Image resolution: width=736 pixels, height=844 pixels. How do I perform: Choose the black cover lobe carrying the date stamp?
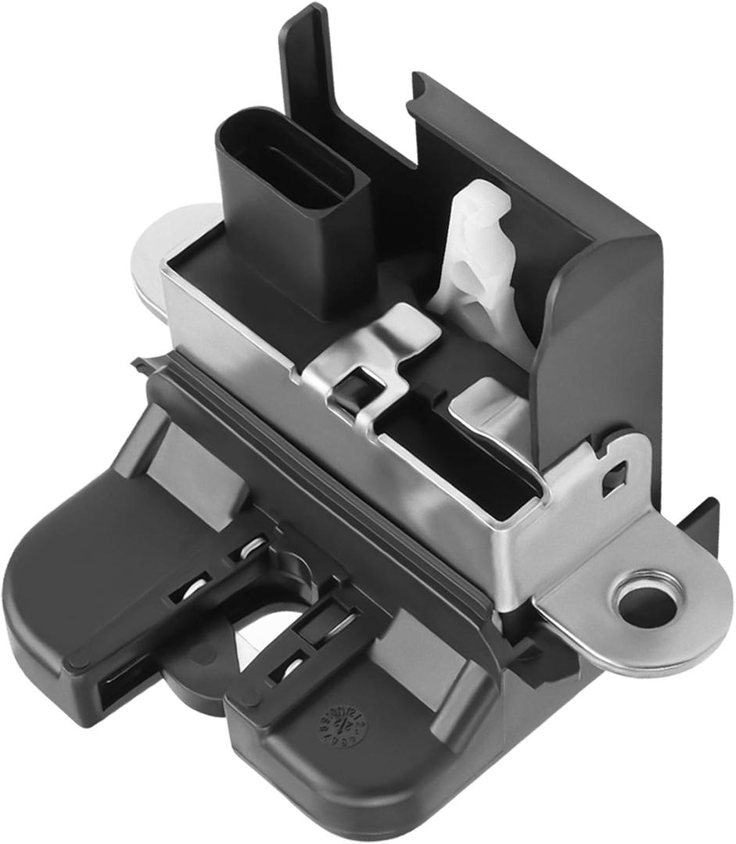tap(344, 750)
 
